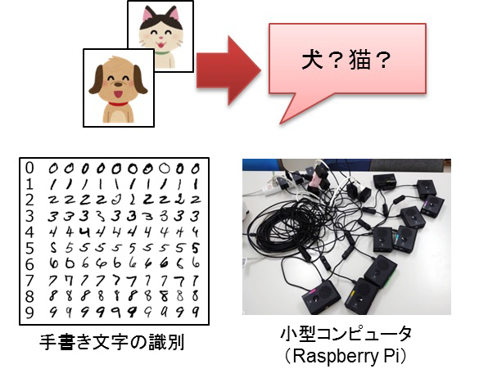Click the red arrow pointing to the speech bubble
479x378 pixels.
228,70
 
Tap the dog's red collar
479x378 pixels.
118,104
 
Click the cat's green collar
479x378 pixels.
163,52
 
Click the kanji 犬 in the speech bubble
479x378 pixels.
312,60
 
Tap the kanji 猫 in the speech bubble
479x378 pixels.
359,60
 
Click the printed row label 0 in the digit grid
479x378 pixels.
29,168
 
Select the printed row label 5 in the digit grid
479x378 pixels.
29,248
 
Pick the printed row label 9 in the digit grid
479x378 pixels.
29,313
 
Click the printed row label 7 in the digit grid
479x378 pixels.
29,280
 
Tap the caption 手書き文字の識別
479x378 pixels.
112,342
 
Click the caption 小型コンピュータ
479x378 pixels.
346,334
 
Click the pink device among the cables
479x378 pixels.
316,179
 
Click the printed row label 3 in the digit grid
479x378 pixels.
29,216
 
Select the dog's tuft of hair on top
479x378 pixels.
116,59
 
